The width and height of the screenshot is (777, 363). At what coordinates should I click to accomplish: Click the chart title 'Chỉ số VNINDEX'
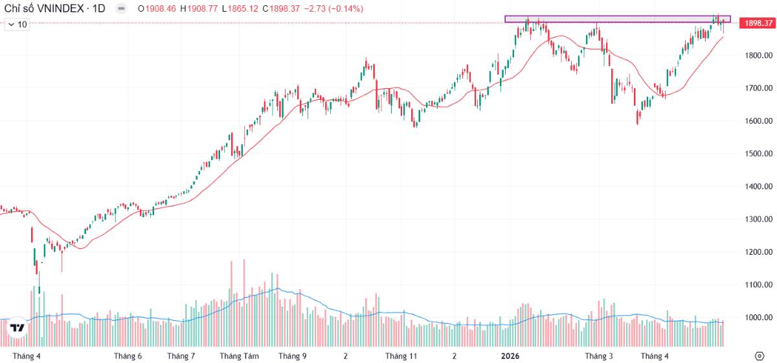[44, 8]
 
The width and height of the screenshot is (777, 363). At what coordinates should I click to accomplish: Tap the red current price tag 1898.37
[758, 23]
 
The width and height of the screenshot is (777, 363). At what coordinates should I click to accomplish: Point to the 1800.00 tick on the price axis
[759, 55]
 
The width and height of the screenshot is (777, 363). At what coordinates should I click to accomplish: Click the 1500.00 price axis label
[759, 154]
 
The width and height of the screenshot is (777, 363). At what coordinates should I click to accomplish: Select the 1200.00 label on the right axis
[759, 252]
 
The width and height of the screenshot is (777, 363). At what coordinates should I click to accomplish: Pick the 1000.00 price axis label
[759, 318]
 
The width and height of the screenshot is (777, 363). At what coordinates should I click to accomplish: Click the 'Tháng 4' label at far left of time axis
[27, 356]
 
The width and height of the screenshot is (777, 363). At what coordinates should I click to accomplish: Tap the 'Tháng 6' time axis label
[128, 356]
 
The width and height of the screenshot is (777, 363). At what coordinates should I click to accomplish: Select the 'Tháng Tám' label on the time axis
[239, 356]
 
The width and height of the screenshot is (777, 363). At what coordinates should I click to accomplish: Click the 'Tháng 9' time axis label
[293, 356]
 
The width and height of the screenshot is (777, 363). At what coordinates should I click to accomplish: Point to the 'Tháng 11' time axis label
[401, 356]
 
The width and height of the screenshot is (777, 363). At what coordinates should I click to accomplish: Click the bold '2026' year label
[510, 356]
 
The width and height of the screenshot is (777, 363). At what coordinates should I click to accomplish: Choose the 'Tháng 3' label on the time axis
[599, 356]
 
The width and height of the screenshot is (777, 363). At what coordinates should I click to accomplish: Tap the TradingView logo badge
[17, 327]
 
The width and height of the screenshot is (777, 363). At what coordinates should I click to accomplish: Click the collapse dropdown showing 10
[17, 25]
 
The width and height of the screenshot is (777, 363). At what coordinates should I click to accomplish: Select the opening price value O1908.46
[157, 8]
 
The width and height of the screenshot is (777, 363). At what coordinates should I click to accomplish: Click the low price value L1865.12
[240, 8]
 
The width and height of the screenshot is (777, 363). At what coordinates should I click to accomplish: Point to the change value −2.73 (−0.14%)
[333, 8]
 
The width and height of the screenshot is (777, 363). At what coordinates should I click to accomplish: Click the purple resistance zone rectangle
[618, 16]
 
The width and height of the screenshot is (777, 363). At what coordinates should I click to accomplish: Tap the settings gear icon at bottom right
[760, 356]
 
